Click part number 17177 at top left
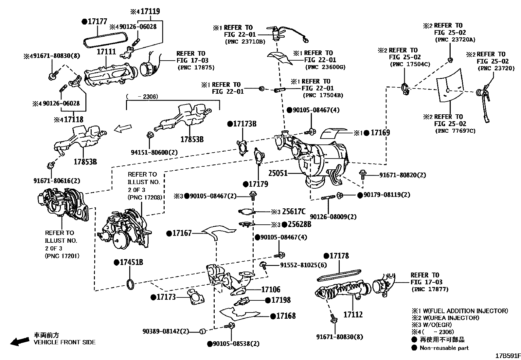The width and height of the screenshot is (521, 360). tap(98, 22)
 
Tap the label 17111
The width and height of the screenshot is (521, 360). tap(106, 52)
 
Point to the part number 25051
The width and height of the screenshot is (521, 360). tap(278, 173)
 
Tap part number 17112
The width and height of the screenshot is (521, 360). tap(353, 314)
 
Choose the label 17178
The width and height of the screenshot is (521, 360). tap(339, 256)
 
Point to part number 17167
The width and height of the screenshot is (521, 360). tap(182, 233)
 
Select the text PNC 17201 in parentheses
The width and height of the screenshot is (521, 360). tap(62, 256)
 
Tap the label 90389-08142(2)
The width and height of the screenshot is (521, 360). tap(166, 331)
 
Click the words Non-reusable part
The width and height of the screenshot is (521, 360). tap(444, 348)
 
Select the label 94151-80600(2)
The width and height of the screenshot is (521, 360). tap(154, 152)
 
